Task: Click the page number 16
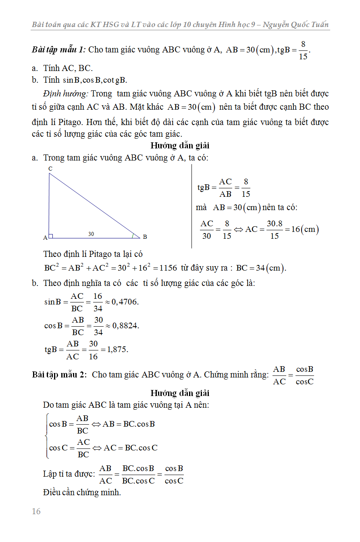coord(36,511)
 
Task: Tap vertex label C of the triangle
coord(50,168)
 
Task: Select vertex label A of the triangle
coord(45,238)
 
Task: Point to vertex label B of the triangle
coord(145,237)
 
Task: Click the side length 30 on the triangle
coord(91,234)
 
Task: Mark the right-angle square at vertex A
coord(51,236)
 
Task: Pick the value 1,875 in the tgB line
coord(118,350)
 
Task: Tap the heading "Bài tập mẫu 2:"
coord(60,375)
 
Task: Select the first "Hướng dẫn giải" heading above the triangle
coord(180,145)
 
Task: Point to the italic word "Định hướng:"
coord(66,94)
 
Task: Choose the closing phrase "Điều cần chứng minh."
coord(82,492)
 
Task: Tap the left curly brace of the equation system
coord(47,436)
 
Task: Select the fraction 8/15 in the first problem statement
coord(303,50)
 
